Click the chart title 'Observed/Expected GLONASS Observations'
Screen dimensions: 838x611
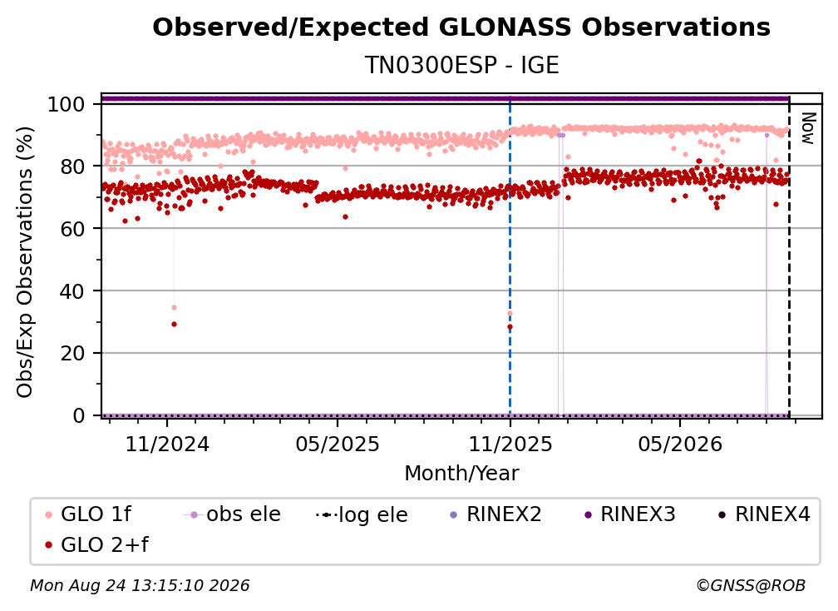point(461,27)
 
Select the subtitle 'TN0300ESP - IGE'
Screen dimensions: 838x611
point(461,65)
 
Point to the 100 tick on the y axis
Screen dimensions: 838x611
point(67,104)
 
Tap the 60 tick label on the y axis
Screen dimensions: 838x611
point(72,229)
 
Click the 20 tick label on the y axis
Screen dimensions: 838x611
point(72,354)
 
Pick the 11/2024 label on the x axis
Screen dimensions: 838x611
point(167,444)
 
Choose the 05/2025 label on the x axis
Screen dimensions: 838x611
point(338,444)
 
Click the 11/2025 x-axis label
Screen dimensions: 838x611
point(510,444)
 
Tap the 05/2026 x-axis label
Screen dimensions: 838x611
point(680,444)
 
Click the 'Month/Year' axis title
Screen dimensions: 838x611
point(461,473)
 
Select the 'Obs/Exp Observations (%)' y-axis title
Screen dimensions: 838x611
point(25,261)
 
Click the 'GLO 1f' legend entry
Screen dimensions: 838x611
point(88,514)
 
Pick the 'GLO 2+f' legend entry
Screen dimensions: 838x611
point(96,544)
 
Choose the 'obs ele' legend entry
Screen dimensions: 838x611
point(231,514)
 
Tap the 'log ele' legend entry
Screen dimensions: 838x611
point(362,514)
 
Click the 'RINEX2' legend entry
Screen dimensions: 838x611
point(496,514)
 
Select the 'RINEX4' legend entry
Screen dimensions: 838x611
point(764,514)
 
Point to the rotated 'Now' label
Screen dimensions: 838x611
point(808,128)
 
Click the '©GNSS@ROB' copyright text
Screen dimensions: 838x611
point(751,585)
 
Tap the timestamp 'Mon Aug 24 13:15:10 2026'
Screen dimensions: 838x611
point(140,585)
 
